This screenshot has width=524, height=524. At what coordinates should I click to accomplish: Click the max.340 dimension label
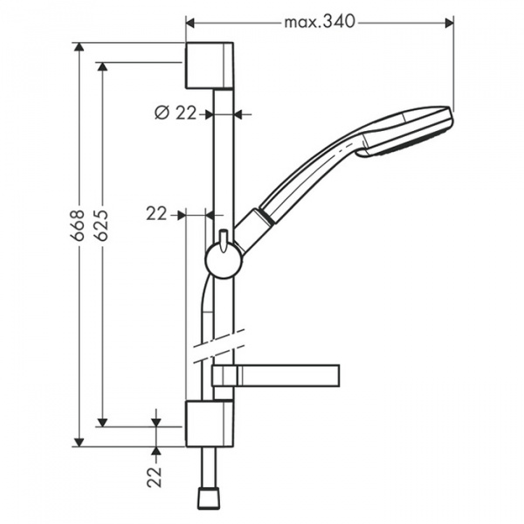(x=320, y=22)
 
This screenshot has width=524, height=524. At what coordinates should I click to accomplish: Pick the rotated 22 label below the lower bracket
(x=155, y=475)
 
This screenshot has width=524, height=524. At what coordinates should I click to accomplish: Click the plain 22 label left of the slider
(x=156, y=213)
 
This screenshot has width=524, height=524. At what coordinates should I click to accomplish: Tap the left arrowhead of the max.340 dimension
(x=190, y=22)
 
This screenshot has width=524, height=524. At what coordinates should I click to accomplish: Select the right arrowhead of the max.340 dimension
(x=450, y=22)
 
